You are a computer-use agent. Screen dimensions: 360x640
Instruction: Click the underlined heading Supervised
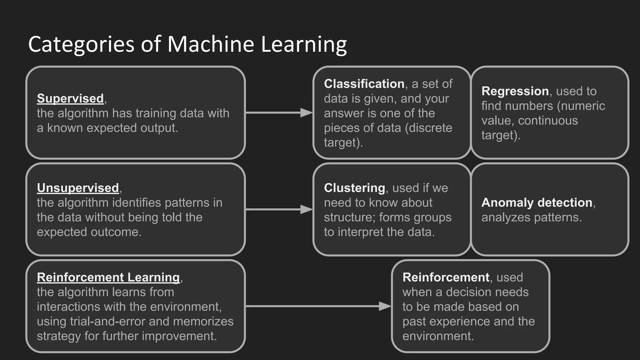click(70, 98)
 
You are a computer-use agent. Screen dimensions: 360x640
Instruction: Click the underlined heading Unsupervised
click(78, 188)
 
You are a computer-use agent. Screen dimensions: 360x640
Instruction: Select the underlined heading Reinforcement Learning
click(108, 277)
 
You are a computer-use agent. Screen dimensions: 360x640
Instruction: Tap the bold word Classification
click(364, 84)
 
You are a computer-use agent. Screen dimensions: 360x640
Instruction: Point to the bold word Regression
click(515, 91)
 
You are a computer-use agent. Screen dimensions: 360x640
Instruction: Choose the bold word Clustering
click(354, 188)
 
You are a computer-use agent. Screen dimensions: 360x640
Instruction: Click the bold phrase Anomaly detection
click(537, 202)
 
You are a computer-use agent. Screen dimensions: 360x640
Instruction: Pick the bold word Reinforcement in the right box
click(446, 277)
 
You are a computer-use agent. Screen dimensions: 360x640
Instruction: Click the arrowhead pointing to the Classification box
click(306, 112)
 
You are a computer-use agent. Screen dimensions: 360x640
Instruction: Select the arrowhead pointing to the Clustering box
click(306, 209)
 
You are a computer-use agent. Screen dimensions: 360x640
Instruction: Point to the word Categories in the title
click(81, 44)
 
